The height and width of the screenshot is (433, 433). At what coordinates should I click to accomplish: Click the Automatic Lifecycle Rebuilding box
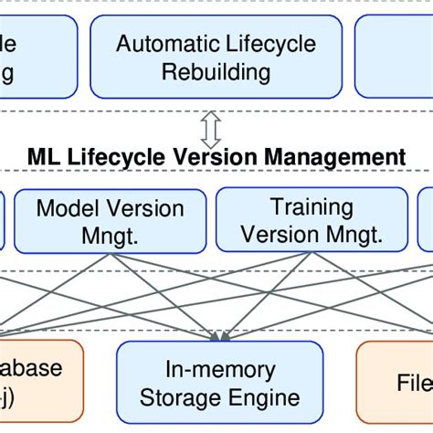(216, 57)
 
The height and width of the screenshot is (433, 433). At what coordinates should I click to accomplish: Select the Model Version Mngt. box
(110, 220)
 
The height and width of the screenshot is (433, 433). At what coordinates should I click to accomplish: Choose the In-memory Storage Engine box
(219, 383)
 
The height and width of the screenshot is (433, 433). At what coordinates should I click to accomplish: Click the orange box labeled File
(395, 383)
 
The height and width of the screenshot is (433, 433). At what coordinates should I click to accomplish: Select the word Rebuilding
(216, 71)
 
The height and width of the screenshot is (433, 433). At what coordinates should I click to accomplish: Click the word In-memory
(219, 370)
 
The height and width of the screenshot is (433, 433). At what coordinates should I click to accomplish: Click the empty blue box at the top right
(395, 57)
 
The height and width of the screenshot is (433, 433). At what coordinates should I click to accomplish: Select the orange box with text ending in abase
(37, 383)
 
